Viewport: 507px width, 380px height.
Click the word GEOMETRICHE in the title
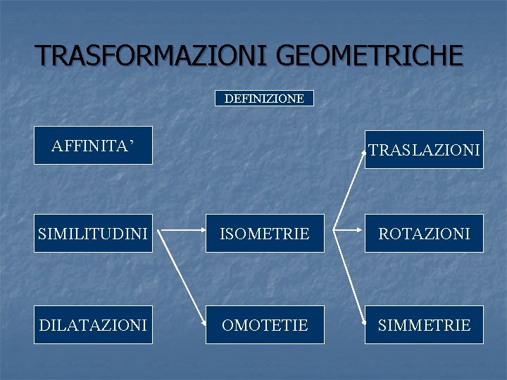tap(370, 55)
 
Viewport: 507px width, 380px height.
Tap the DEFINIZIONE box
tap(264, 99)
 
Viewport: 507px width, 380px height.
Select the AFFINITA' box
tap(93, 146)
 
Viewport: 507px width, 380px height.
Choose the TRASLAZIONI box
tap(424, 150)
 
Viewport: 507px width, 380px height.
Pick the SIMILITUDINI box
tap(93, 234)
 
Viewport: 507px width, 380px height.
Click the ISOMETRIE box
tap(265, 234)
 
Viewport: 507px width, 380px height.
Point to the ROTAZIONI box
tap(424, 234)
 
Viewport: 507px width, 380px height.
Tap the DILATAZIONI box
tap(93, 325)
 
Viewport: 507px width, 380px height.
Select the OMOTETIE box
tap(265, 325)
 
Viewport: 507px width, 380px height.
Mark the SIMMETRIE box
tap(424, 325)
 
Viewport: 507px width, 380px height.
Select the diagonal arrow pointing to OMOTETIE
tap(180, 276)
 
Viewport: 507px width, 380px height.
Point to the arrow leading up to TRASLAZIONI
tap(349, 186)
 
